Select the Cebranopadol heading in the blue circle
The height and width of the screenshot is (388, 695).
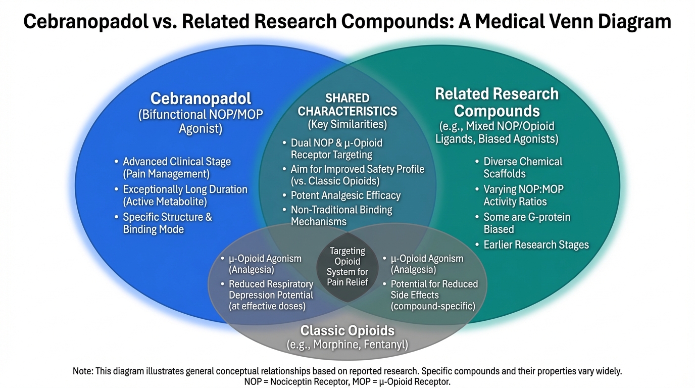(201, 99)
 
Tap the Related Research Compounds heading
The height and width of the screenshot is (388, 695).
(497, 102)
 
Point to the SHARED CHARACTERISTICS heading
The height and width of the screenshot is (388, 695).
(347, 105)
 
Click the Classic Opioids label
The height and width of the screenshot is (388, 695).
(347, 331)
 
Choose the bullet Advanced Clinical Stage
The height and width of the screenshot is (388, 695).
(177, 168)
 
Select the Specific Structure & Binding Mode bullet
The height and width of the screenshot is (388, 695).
(167, 223)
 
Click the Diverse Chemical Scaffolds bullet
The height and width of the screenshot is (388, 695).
(522, 168)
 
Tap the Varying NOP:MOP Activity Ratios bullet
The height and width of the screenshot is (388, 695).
(523, 196)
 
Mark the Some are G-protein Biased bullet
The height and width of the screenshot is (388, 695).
(526, 223)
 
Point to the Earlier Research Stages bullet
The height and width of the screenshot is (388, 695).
(536, 245)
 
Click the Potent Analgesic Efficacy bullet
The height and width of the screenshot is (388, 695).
(345, 196)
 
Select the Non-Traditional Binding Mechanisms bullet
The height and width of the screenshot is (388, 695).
(341, 215)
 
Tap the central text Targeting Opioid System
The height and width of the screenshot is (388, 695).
(347, 266)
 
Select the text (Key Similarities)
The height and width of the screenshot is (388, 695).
(347, 124)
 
